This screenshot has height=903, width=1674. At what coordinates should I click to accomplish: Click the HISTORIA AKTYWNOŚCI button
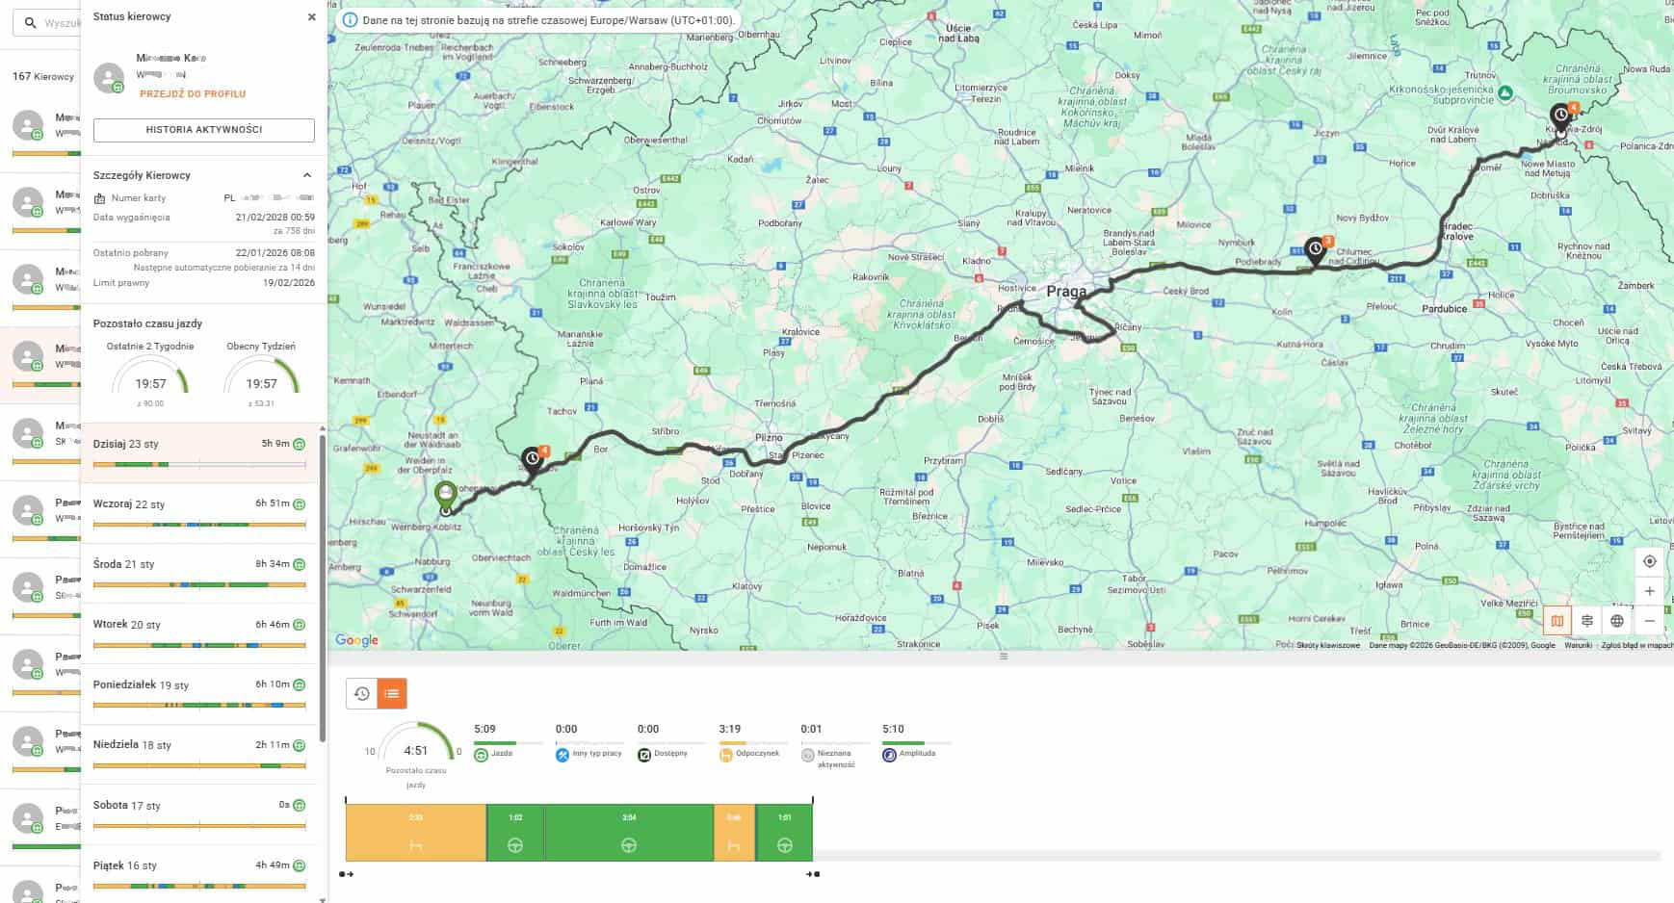point(203,130)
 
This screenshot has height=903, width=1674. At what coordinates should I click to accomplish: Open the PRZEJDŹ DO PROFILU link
point(193,94)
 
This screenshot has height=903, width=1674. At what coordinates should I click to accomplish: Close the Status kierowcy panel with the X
point(311,17)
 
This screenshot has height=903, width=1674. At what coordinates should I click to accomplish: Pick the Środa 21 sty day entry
point(199,572)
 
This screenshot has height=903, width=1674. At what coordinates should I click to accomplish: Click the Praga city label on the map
point(1066,291)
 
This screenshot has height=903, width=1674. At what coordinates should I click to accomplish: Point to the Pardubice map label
point(1444,309)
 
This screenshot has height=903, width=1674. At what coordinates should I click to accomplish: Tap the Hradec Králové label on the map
point(1457,231)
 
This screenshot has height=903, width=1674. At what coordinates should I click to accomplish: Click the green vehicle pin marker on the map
point(445,496)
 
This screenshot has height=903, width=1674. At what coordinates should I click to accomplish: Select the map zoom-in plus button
point(1649,591)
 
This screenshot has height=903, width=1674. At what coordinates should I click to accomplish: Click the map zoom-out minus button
point(1649,621)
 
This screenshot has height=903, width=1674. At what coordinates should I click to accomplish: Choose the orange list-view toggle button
point(391,693)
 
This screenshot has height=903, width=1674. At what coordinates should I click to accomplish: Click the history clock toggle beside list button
point(361,693)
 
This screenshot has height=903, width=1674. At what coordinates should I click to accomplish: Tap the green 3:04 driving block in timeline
point(628,833)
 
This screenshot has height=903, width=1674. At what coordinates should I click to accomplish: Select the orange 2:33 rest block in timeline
point(415,833)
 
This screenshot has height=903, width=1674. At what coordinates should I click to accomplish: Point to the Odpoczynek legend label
point(749,754)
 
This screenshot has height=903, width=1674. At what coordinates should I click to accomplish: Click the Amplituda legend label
point(917,754)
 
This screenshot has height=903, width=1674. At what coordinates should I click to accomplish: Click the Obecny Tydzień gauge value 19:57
point(261,384)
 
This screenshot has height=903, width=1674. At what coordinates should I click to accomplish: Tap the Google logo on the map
point(356,640)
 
